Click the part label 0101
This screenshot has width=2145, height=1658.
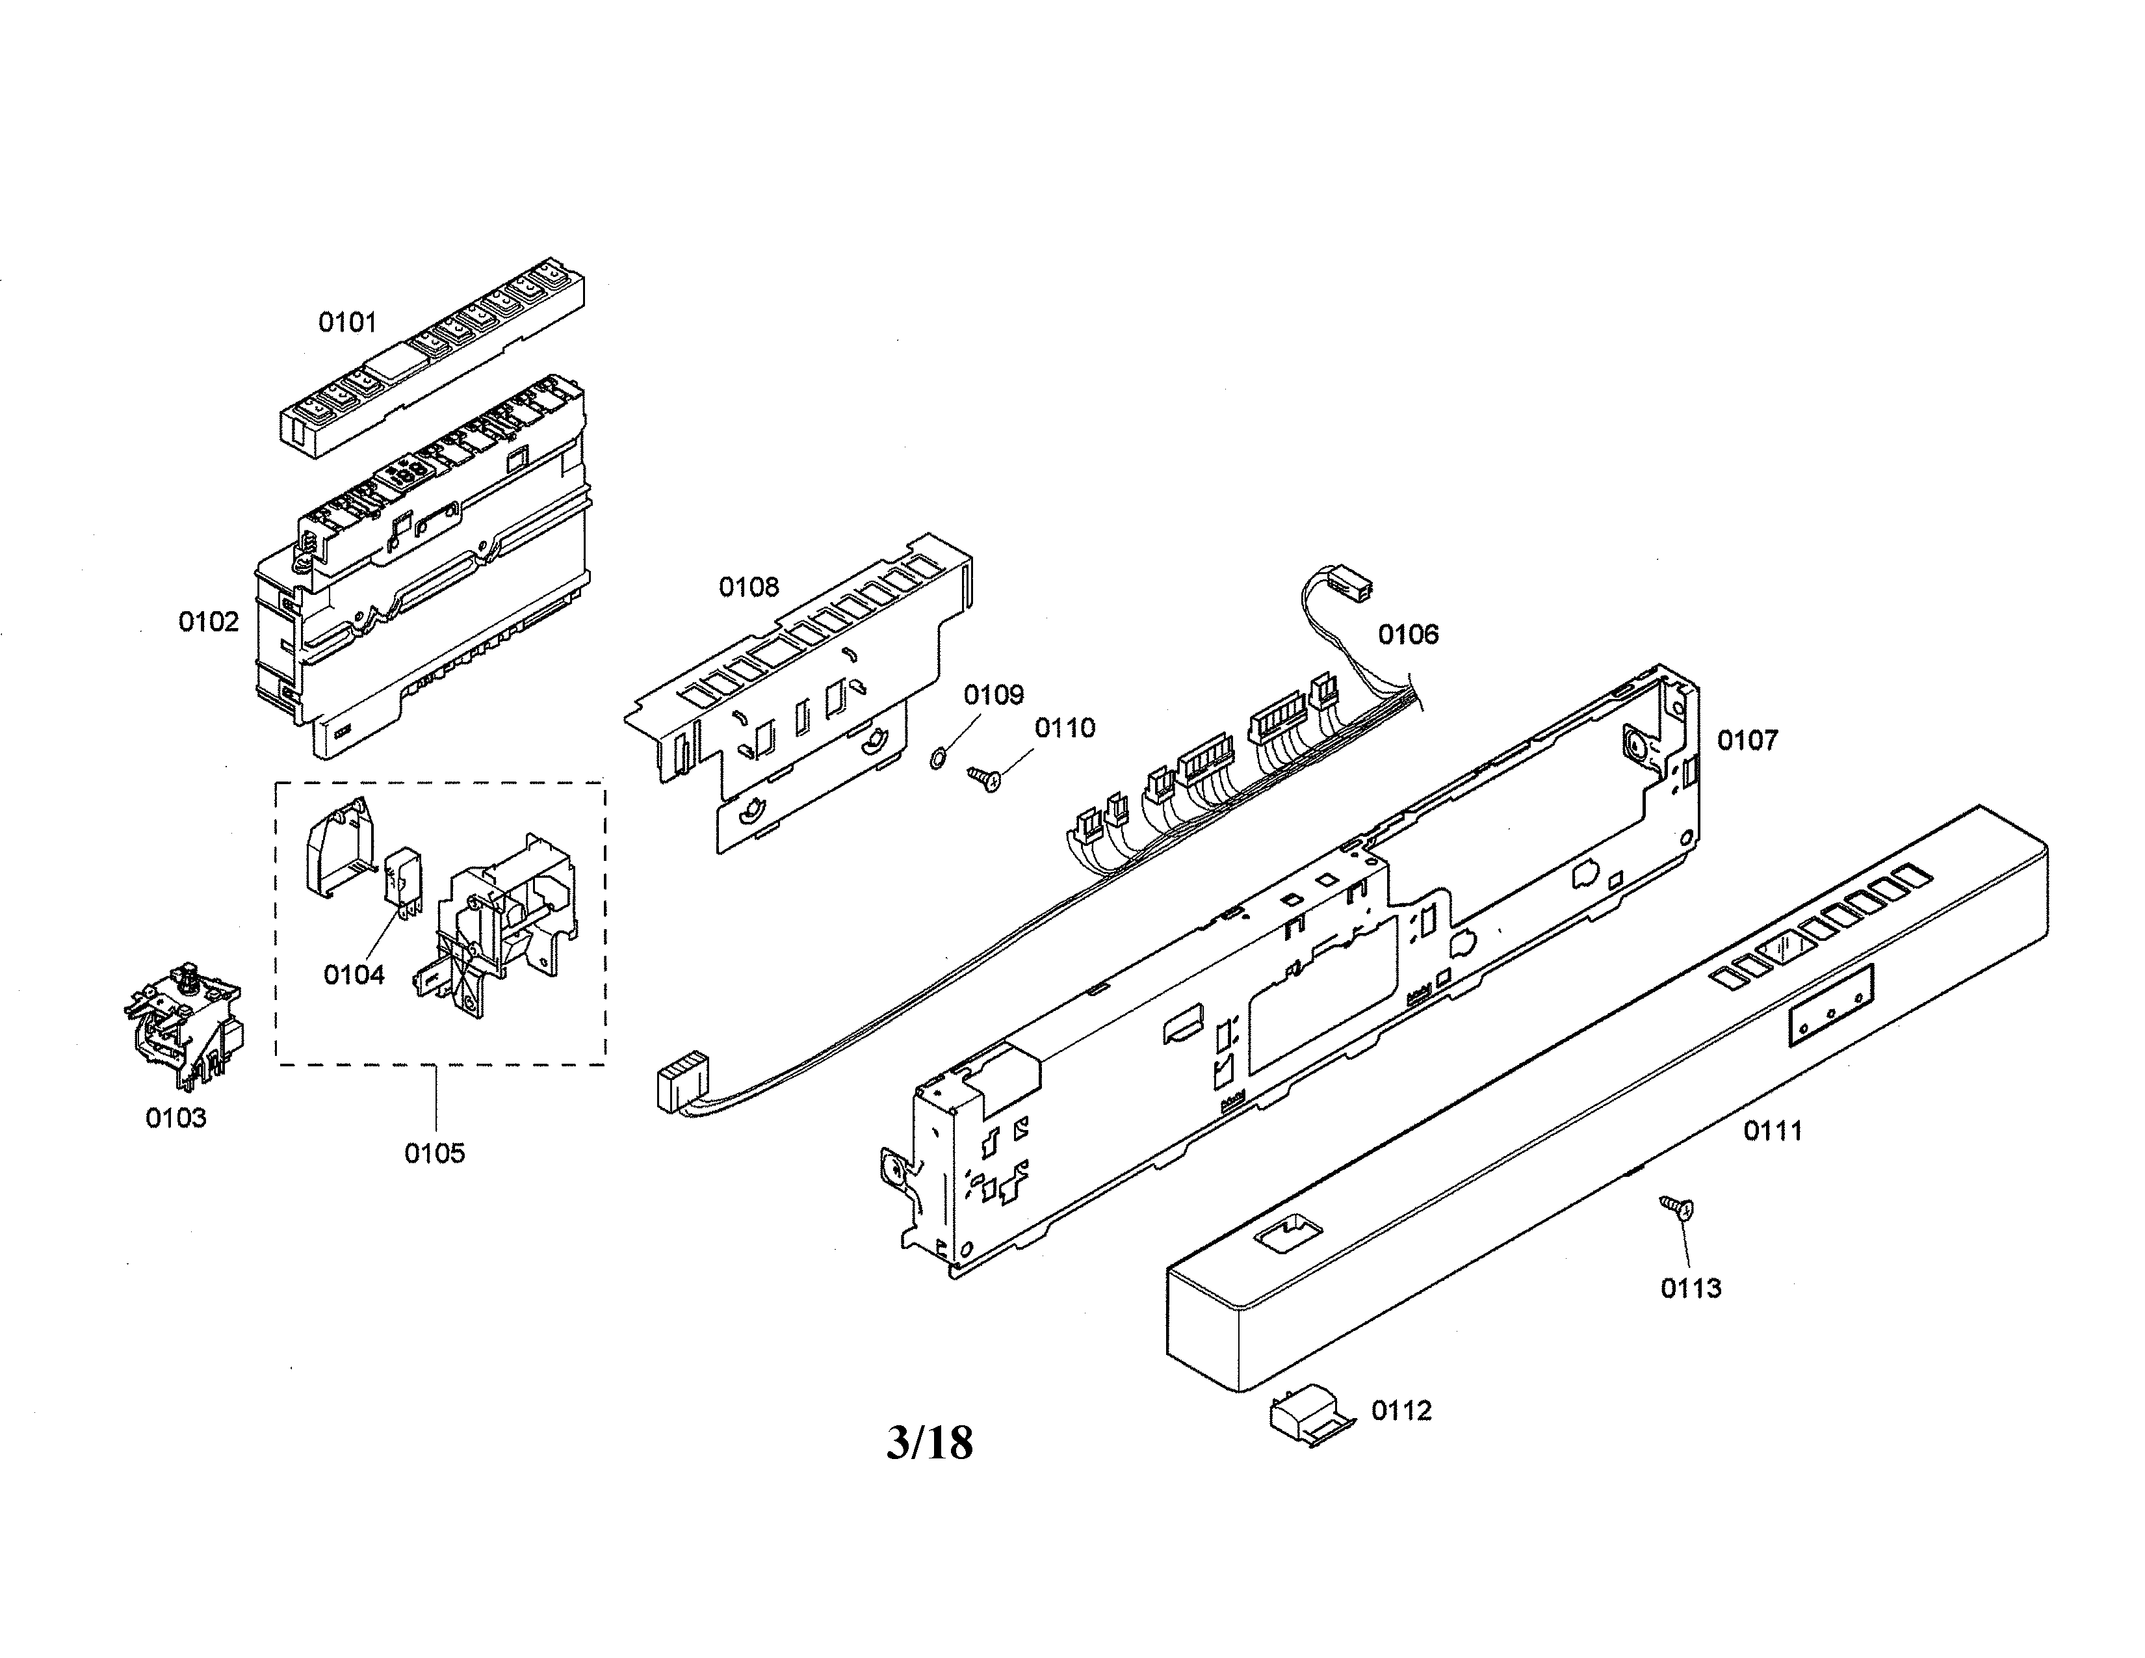(x=346, y=322)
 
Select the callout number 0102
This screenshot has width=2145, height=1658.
(x=208, y=622)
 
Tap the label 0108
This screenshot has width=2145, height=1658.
(x=748, y=587)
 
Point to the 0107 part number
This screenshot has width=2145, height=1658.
(x=1747, y=741)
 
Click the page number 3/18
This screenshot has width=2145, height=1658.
(x=929, y=1443)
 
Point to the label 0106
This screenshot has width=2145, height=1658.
(x=1407, y=635)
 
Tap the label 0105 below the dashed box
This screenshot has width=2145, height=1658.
(x=434, y=1153)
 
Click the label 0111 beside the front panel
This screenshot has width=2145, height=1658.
(x=1773, y=1131)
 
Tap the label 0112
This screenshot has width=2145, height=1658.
(x=1401, y=1412)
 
